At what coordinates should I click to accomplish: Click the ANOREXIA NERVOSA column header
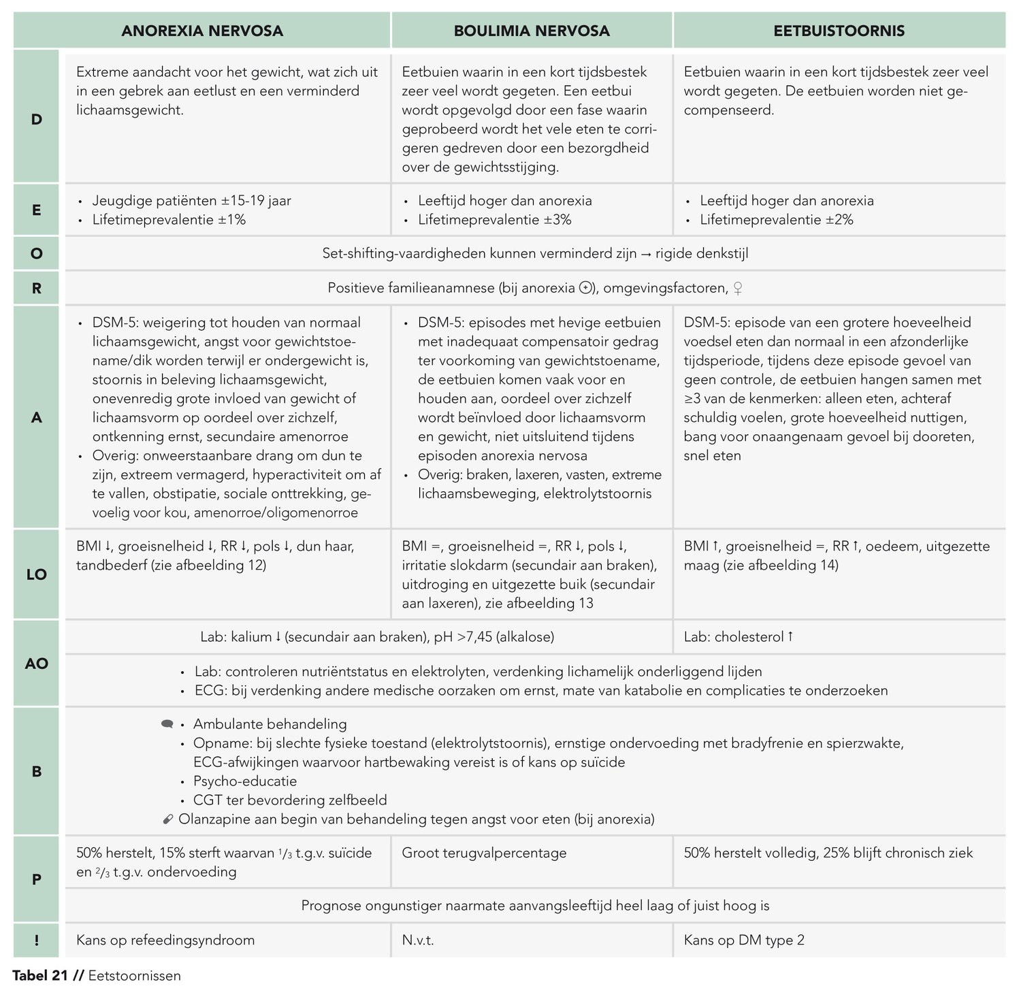click(202, 31)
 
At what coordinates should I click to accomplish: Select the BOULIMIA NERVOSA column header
click(532, 31)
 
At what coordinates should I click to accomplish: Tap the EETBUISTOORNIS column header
click(839, 31)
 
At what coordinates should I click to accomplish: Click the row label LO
click(37, 574)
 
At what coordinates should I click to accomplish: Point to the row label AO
click(37, 663)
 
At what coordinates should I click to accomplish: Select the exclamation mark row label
click(37, 940)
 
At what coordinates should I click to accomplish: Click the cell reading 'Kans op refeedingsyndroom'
click(165, 940)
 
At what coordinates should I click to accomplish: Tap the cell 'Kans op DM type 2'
click(744, 940)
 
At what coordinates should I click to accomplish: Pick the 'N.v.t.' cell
click(418, 940)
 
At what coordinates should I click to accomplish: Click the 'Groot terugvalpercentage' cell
click(484, 853)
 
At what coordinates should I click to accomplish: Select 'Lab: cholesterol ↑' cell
click(739, 637)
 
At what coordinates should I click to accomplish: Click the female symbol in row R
click(737, 289)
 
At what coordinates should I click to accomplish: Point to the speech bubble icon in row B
click(167, 724)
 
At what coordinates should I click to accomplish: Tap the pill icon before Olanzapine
click(169, 819)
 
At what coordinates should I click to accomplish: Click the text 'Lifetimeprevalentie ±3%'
click(494, 220)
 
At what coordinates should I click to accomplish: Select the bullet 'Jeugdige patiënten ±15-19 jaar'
click(191, 201)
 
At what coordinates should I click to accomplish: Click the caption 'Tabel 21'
click(40, 976)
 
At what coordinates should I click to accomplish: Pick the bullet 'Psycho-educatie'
click(244, 781)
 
